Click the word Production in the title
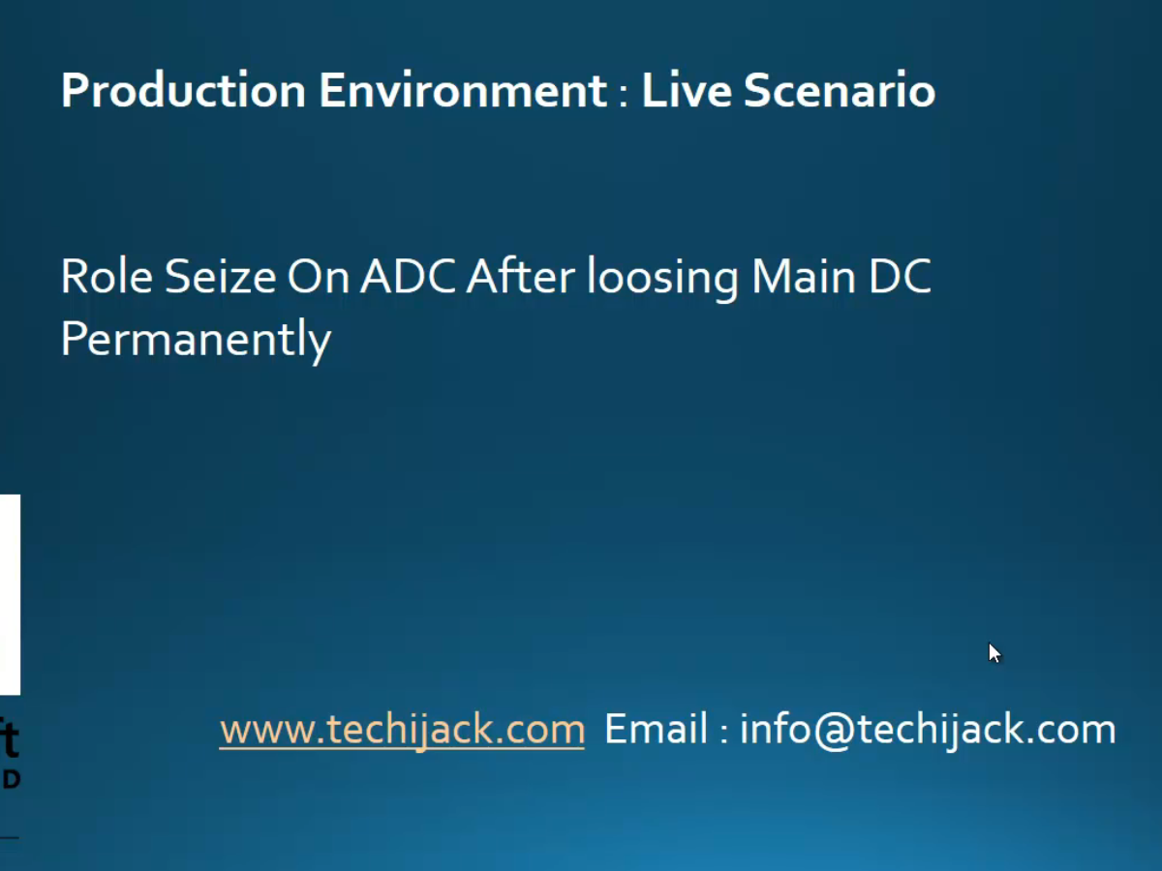[x=183, y=90]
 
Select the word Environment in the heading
[x=463, y=90]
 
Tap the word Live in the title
[x=688, y=90]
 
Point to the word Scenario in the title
[x=841, y=90]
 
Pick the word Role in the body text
[x=107, y=276]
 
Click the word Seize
[x=220, y=276]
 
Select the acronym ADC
[x=408, y=276]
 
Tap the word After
[x=521, y=275]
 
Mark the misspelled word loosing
[x=662, y=278]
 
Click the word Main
[x=803, y=276]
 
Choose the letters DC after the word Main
[x=900, y=276]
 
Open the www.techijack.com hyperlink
[x=402, y=730]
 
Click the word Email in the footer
[x=656, y=729]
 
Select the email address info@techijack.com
[x=928, y=730]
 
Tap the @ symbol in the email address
[x=835, y=732]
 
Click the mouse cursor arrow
[x=994, y=652]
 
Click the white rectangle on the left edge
[x=10, y=594]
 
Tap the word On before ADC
[x=319, y=276]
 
